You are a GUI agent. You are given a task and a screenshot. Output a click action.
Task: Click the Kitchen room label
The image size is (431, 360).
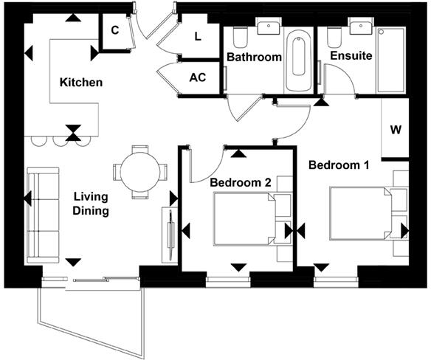click(81, 83)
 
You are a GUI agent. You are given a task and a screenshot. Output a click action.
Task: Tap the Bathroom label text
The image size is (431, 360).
click(254, 57)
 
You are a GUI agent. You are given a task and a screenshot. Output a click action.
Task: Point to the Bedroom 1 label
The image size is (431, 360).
click(339, 165)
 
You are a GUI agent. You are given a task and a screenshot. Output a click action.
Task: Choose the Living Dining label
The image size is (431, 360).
click(91, 204)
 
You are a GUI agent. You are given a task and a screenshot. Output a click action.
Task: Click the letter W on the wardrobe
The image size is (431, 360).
click(396, 131)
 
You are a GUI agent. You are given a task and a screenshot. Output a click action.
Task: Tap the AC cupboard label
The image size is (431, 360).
click(198, 77)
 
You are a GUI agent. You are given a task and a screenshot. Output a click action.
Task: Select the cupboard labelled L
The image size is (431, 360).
click(197, 36)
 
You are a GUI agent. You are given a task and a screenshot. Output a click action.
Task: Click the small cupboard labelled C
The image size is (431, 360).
click(115, 30)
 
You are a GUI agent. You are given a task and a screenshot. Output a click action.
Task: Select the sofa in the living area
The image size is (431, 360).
click(43, 215)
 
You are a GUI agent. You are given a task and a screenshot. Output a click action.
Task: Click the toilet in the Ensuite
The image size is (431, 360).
click(333, 37)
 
